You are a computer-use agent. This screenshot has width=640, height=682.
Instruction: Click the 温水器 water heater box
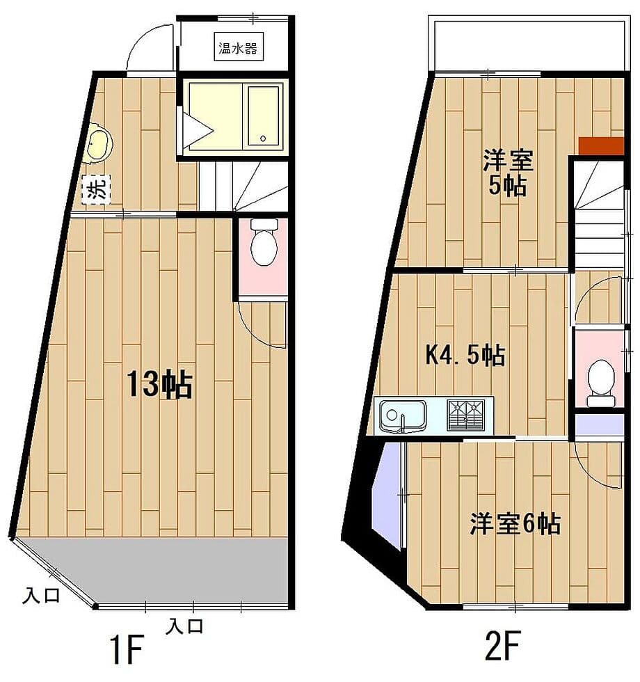click(x=239, y=47)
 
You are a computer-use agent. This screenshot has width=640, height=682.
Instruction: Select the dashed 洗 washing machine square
click(x=97, y=189)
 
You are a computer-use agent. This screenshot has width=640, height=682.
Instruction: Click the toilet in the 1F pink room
click(x=264, y=242)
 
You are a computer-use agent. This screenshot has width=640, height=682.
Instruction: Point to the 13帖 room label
click(x=159, y=384)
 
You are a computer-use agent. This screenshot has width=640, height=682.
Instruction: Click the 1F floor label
click(x=127, y=649)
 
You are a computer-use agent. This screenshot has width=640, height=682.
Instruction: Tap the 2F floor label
click(x=503, y=646)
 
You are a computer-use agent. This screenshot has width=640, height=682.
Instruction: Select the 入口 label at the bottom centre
click(x=184, y=626)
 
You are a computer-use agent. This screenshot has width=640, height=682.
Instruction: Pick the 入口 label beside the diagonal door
click(x=41, y=595)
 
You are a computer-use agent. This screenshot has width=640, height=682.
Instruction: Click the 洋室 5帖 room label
click(x=508, y=173)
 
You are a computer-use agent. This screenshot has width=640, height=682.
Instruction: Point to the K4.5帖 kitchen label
click(x=465, y=354)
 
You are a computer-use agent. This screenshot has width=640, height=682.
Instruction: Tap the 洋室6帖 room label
click(x=515, y=523)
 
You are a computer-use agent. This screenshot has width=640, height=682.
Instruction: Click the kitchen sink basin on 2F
click(x=402, y=415)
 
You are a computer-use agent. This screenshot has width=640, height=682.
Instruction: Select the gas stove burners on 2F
click(x=466, y=415)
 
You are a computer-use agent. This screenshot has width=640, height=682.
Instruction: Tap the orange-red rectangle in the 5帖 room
click(x=601, y=145)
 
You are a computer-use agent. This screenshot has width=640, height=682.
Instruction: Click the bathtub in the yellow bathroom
click(x=264, y=116)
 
